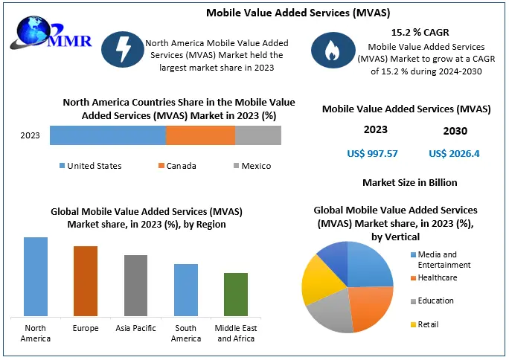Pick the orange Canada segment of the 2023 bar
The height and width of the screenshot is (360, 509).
pos(200,135)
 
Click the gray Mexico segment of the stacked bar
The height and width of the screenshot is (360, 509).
pos(257,135)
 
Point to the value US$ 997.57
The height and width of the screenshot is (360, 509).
pos(372,154)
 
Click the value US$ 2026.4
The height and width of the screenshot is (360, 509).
pos(454,154)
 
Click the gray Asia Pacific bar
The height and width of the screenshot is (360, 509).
pos(135,286)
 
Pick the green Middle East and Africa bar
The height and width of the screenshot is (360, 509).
pos(235,295)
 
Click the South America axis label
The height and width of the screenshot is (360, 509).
pos(185,333)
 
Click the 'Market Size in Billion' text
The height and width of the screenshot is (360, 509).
pos(409,182)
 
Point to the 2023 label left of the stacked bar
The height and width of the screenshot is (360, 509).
pos(31,136)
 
